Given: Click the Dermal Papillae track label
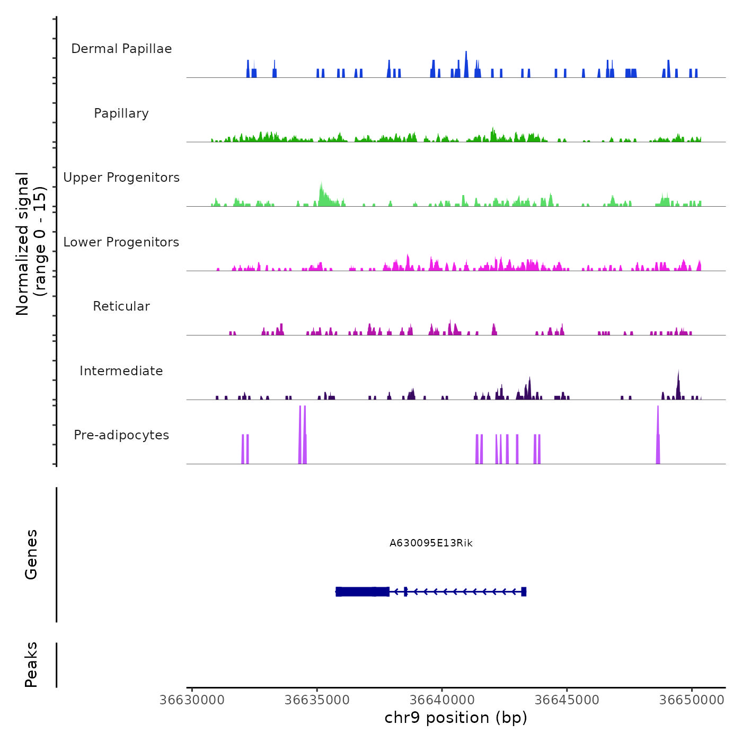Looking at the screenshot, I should click(121, 49).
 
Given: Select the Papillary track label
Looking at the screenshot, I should click(121, 113).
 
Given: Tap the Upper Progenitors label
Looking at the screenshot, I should click(121, 178).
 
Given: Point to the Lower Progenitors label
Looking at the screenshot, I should click(121, 242).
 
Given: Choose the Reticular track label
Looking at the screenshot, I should click(121, 306).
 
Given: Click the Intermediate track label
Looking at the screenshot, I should click(121, 371).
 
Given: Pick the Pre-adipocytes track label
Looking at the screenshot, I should click(121, 435).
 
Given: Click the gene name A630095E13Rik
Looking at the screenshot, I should click(431, 543).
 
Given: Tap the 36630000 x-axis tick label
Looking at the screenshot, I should click(192, 700).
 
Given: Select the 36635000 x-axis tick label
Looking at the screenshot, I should click(317, 700).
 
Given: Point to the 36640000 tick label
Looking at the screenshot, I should click(442, 700).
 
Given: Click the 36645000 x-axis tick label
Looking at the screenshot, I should click(567, 700).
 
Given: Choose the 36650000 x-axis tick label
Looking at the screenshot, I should click(692, 700).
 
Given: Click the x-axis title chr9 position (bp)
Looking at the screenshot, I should click(456, 718).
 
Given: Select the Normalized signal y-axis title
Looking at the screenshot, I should click(31, 244).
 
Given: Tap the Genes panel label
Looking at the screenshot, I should click(31, 554).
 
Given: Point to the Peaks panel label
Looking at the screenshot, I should click(31, 665).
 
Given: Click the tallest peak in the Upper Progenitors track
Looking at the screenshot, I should click(321, 185).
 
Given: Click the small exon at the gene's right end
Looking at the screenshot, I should click(524, 591).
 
